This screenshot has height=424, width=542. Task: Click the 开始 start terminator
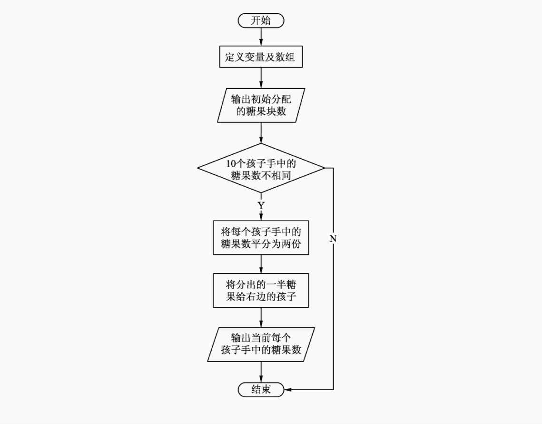[x=261, y=20]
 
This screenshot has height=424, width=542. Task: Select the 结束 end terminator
[x=261, y=389]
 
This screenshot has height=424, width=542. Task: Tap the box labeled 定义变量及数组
[x=261, y=58]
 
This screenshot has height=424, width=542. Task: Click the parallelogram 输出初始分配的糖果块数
[x=261, y=105]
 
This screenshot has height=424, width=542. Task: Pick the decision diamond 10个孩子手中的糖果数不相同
[x=261, y=168]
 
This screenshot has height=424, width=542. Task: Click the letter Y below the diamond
[x=261, y=205]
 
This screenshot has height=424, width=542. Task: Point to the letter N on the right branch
[x=333, y=239]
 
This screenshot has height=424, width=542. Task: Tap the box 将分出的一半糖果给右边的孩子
[x=261, y=291]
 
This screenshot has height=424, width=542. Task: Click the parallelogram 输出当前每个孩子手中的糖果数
[x=261, y=344]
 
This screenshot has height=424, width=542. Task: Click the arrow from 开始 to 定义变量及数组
[x=261, y=37]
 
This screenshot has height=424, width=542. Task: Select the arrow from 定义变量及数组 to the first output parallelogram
[x=261, y=78]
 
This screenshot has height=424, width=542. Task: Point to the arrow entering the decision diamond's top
[x=261, y=133]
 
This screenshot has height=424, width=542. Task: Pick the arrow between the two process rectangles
[x=261, y=264]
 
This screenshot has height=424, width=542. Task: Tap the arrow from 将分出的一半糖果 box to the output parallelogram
[x=261, y=317]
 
